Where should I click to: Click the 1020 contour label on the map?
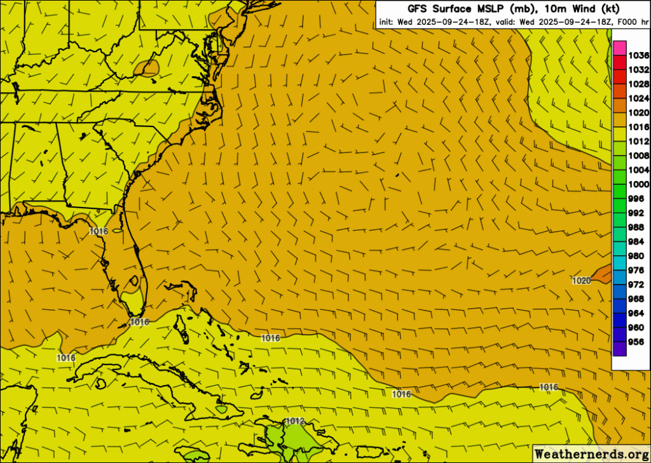coord(581,280)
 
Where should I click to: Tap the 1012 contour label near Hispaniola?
coord(295,421)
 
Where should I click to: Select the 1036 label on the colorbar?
coord(638,55)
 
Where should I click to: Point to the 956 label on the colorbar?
coord(636,341)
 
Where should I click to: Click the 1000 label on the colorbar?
coord(638,184)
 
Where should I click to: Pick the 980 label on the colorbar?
coord(636,255)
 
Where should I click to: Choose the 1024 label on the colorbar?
coord(638,98)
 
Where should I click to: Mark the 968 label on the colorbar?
coord(636,299)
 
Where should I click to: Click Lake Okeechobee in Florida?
coord(134,279)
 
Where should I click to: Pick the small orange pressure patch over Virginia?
coord(149,67)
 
